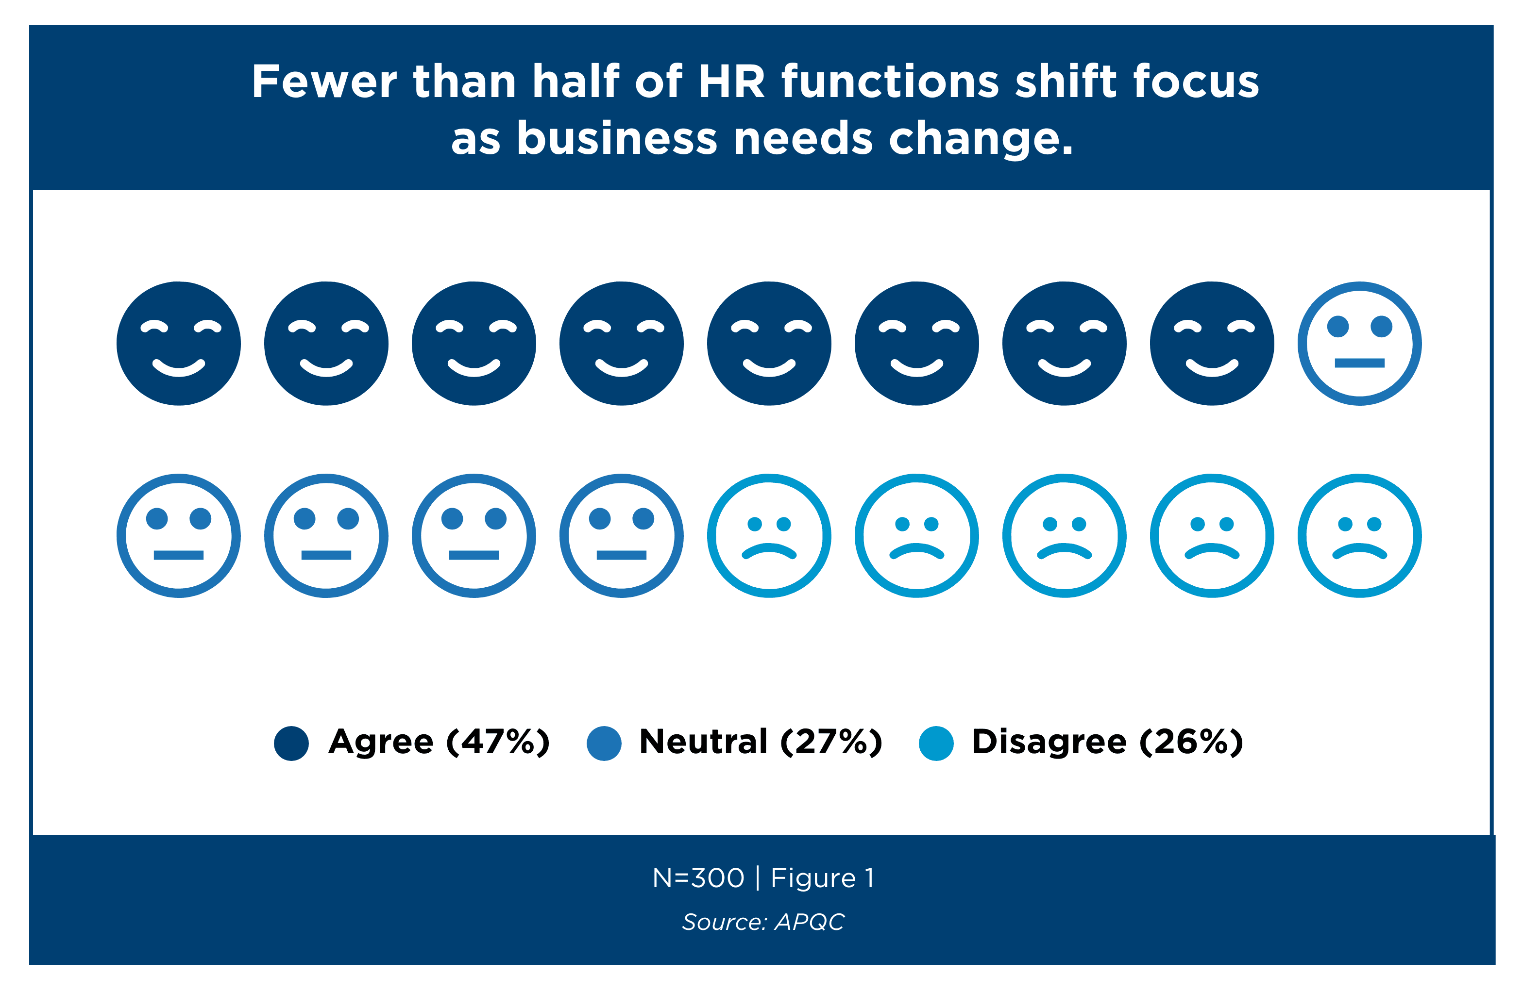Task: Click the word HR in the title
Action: coord(731,82)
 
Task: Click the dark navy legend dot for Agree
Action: coord(291,743)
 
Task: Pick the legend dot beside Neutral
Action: coord(604,743)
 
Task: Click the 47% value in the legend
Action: coord(498,742)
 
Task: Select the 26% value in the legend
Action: coord(1191,742)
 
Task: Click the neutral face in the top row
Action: coord(1359,344)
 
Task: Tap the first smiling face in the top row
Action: coord(179,344)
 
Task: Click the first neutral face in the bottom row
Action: coord(179,536)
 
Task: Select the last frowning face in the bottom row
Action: coord(1359,536)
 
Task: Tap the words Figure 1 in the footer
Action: coord(822,878)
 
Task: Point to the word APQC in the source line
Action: coord(810,922)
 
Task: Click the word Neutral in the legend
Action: coord(703,742)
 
